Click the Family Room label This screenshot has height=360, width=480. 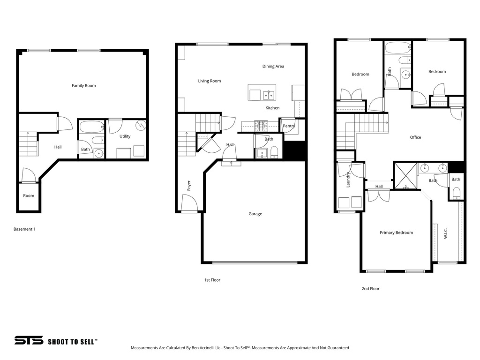[83, 86]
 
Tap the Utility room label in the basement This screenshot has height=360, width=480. [125, 136]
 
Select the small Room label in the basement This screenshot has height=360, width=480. [29, 195]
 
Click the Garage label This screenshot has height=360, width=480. [255, 214]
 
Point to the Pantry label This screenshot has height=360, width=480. [289, 126]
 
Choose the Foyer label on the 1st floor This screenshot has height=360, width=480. [189, 186]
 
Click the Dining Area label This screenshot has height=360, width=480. [273, 67]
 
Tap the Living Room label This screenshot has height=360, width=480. [209, 81]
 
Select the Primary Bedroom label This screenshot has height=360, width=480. [396, 232]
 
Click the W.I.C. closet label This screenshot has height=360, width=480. [446, 233]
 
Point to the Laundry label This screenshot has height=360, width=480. [348, 180]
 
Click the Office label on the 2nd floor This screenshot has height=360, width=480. [415, 137]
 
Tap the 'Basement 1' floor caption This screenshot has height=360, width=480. [24, 229]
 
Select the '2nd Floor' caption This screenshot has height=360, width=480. [370, 289]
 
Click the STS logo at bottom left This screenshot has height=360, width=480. [29, 341]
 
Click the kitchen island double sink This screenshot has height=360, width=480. [269, 95]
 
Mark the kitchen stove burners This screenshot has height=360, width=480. [261, 125]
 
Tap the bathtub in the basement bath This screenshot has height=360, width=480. [91, 127]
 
